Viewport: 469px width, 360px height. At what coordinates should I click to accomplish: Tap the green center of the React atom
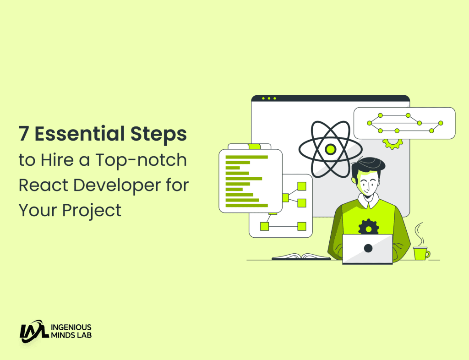coord(330,149)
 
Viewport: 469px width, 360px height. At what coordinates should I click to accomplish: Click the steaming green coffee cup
coord(420,253)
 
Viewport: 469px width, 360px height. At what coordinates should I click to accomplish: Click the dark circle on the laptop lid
coord(368,248)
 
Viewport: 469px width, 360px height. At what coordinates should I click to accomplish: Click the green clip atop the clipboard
coord(254,147)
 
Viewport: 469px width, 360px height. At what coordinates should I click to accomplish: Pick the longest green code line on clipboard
coord(247,157)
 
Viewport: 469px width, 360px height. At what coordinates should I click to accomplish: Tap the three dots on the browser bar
coord(269,98)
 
